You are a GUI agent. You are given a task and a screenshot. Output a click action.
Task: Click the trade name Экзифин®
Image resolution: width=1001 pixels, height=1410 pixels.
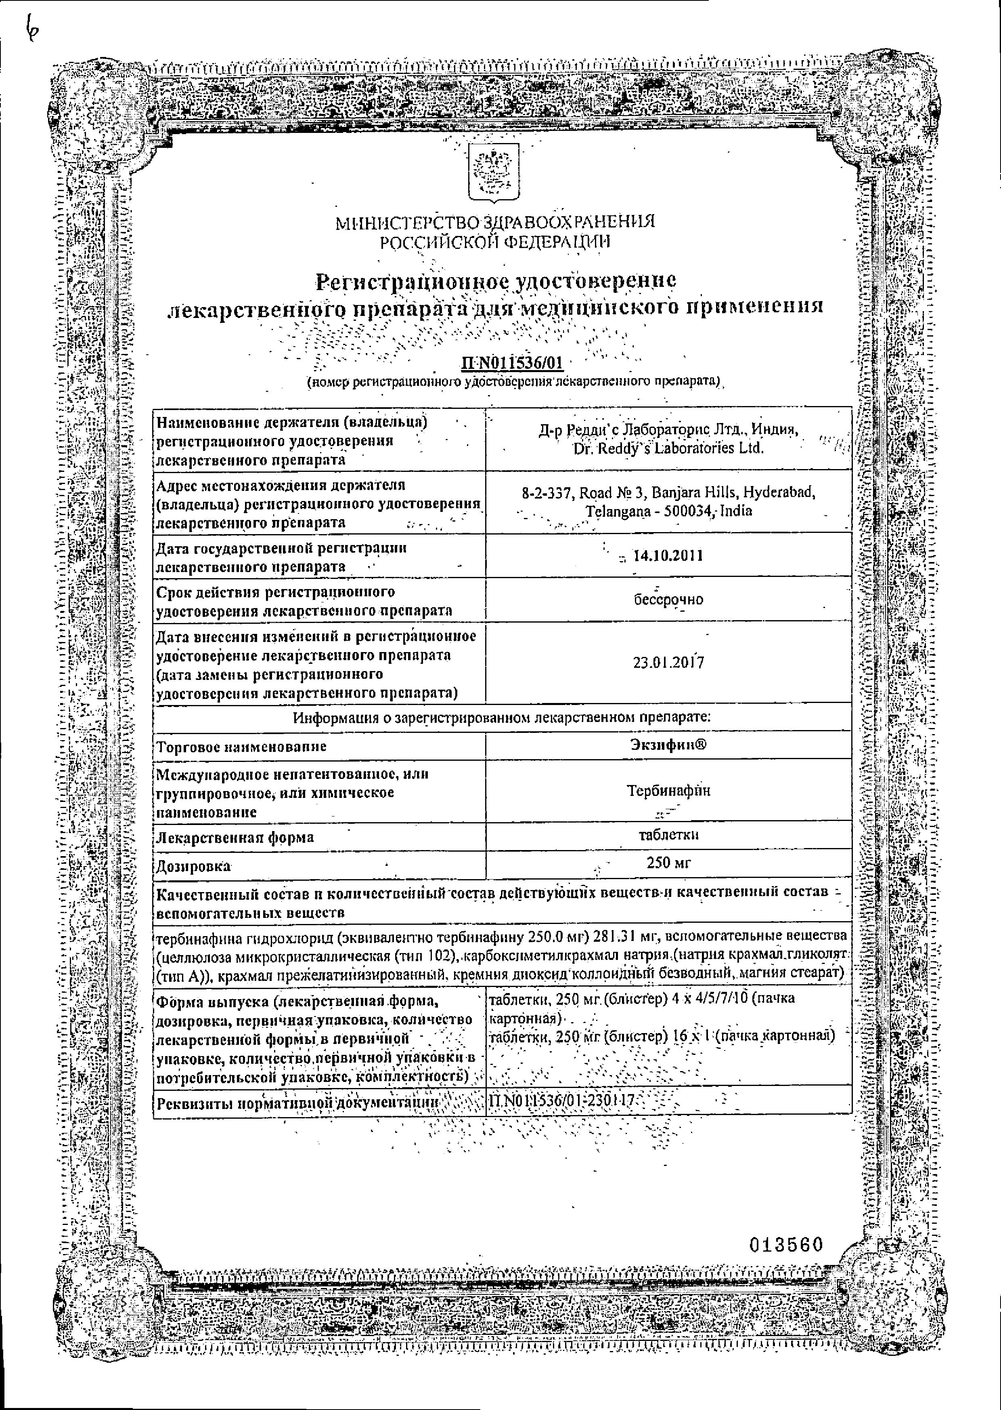tap(668, 745)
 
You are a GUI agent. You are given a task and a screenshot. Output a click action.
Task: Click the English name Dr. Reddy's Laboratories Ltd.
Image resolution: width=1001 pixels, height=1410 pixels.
tap(668, 448)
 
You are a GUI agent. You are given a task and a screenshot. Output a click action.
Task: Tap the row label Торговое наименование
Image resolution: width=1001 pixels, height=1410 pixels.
tap(242, 746)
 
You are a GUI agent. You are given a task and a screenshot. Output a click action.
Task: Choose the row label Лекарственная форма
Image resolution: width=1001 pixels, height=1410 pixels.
tap(235, 837)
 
